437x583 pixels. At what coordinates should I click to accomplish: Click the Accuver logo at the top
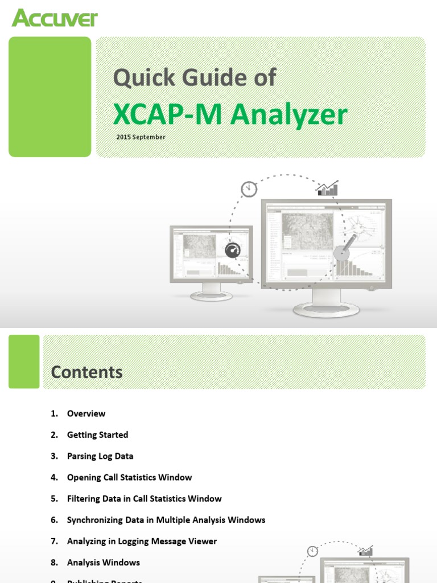click(55, 18)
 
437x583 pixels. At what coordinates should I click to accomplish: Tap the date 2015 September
click(141, 137)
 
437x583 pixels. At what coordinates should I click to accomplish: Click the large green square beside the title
click(50, 97)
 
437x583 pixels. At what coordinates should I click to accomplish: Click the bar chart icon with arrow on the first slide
click(327, 188)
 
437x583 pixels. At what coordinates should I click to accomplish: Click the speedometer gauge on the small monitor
click(233, 251)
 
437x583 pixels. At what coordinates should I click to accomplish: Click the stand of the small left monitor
click(211, 293)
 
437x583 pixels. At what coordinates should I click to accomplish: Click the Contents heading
click(86, 372)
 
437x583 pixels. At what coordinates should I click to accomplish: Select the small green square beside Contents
click(24, 362)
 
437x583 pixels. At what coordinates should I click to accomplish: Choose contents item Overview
click(86, 414)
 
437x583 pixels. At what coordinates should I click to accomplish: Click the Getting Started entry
click(97, 435)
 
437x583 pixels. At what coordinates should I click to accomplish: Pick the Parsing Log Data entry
click(100, 456)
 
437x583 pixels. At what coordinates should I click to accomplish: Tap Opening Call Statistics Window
click(129, 478)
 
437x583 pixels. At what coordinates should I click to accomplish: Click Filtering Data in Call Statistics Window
click(144, 499)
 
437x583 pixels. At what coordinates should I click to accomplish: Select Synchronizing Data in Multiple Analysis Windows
click(166, 520)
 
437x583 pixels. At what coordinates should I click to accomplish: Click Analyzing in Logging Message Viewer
click(142, 541)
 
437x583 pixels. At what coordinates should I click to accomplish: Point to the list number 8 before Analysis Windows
click(54, 563)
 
